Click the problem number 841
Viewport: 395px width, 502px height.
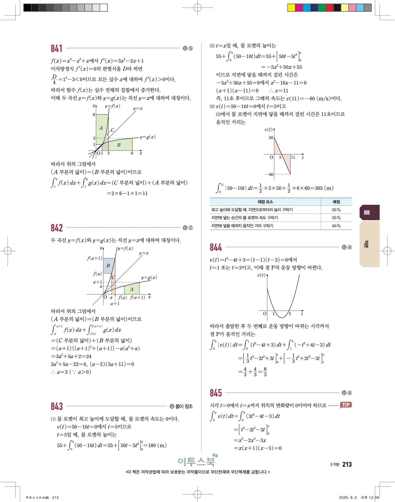(56, 49)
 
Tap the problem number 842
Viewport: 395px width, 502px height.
(56, 228)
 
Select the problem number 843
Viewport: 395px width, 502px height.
(56, 406)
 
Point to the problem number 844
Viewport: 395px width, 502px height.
(216, 247)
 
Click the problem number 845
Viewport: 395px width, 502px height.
(216, 393)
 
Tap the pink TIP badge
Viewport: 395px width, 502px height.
(346, 405)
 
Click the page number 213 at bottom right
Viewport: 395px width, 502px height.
(347, 464)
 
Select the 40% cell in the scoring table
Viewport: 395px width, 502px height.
(336, 226)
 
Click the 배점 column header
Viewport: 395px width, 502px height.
(336, 202)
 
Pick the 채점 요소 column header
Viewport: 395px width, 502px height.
(265, 202)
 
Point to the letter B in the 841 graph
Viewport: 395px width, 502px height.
(119, 145)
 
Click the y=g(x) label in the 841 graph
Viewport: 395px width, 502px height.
(147, 137)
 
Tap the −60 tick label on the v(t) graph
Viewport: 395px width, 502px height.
(269, 174)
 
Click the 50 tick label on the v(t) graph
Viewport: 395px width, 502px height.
(271, 138)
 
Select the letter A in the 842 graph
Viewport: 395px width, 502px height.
(132, 289)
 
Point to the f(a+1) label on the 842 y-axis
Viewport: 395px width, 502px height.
(95, 258)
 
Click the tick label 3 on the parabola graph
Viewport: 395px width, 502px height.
(289, 314)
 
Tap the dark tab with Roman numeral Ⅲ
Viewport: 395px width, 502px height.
(369, 213)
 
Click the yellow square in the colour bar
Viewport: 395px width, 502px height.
(291, 8)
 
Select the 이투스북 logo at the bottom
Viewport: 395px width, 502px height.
(197, 461)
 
